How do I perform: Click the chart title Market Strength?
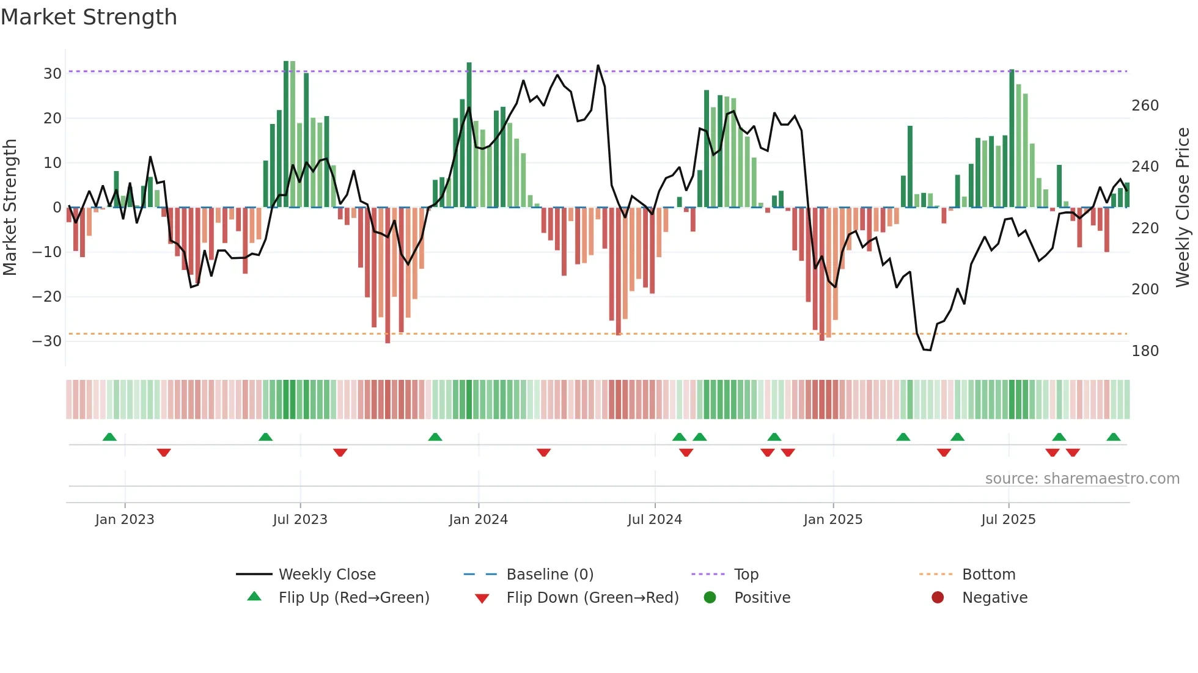(x=89, y=17)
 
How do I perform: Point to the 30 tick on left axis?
(x=53, y=74)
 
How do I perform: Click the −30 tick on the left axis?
(x=48, y=341)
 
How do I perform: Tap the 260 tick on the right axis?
(x=1145, y=106)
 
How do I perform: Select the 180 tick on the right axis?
(x=1145, y=351)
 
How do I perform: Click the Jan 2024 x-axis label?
(x=478, y=520)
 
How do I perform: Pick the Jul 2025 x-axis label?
(x=1008, y=520)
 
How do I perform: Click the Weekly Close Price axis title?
(x=1183, y=208)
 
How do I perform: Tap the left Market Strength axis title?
(x=10, y=208)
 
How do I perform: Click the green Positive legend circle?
(x=710, y=597)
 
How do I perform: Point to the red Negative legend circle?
(x=938, y=597)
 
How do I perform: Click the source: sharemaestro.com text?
(x=1082, y=479)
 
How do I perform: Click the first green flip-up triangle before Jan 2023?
(x=109, y=437)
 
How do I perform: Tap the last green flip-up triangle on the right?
(x=1113, y=437)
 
